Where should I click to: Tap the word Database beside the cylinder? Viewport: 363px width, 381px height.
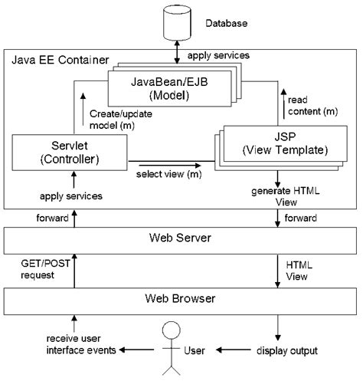coord(226,24)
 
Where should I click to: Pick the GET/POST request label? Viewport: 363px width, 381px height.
coord(36,269)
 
